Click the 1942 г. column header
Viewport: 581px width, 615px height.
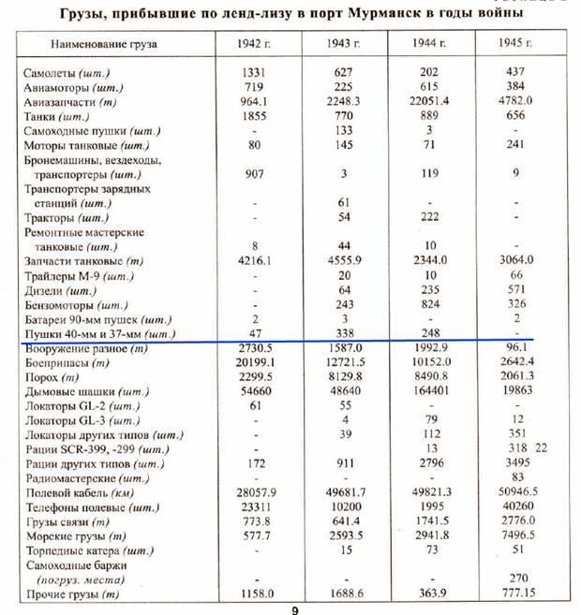pos(255,45)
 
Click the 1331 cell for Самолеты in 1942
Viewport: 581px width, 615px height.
pos(255,73)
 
